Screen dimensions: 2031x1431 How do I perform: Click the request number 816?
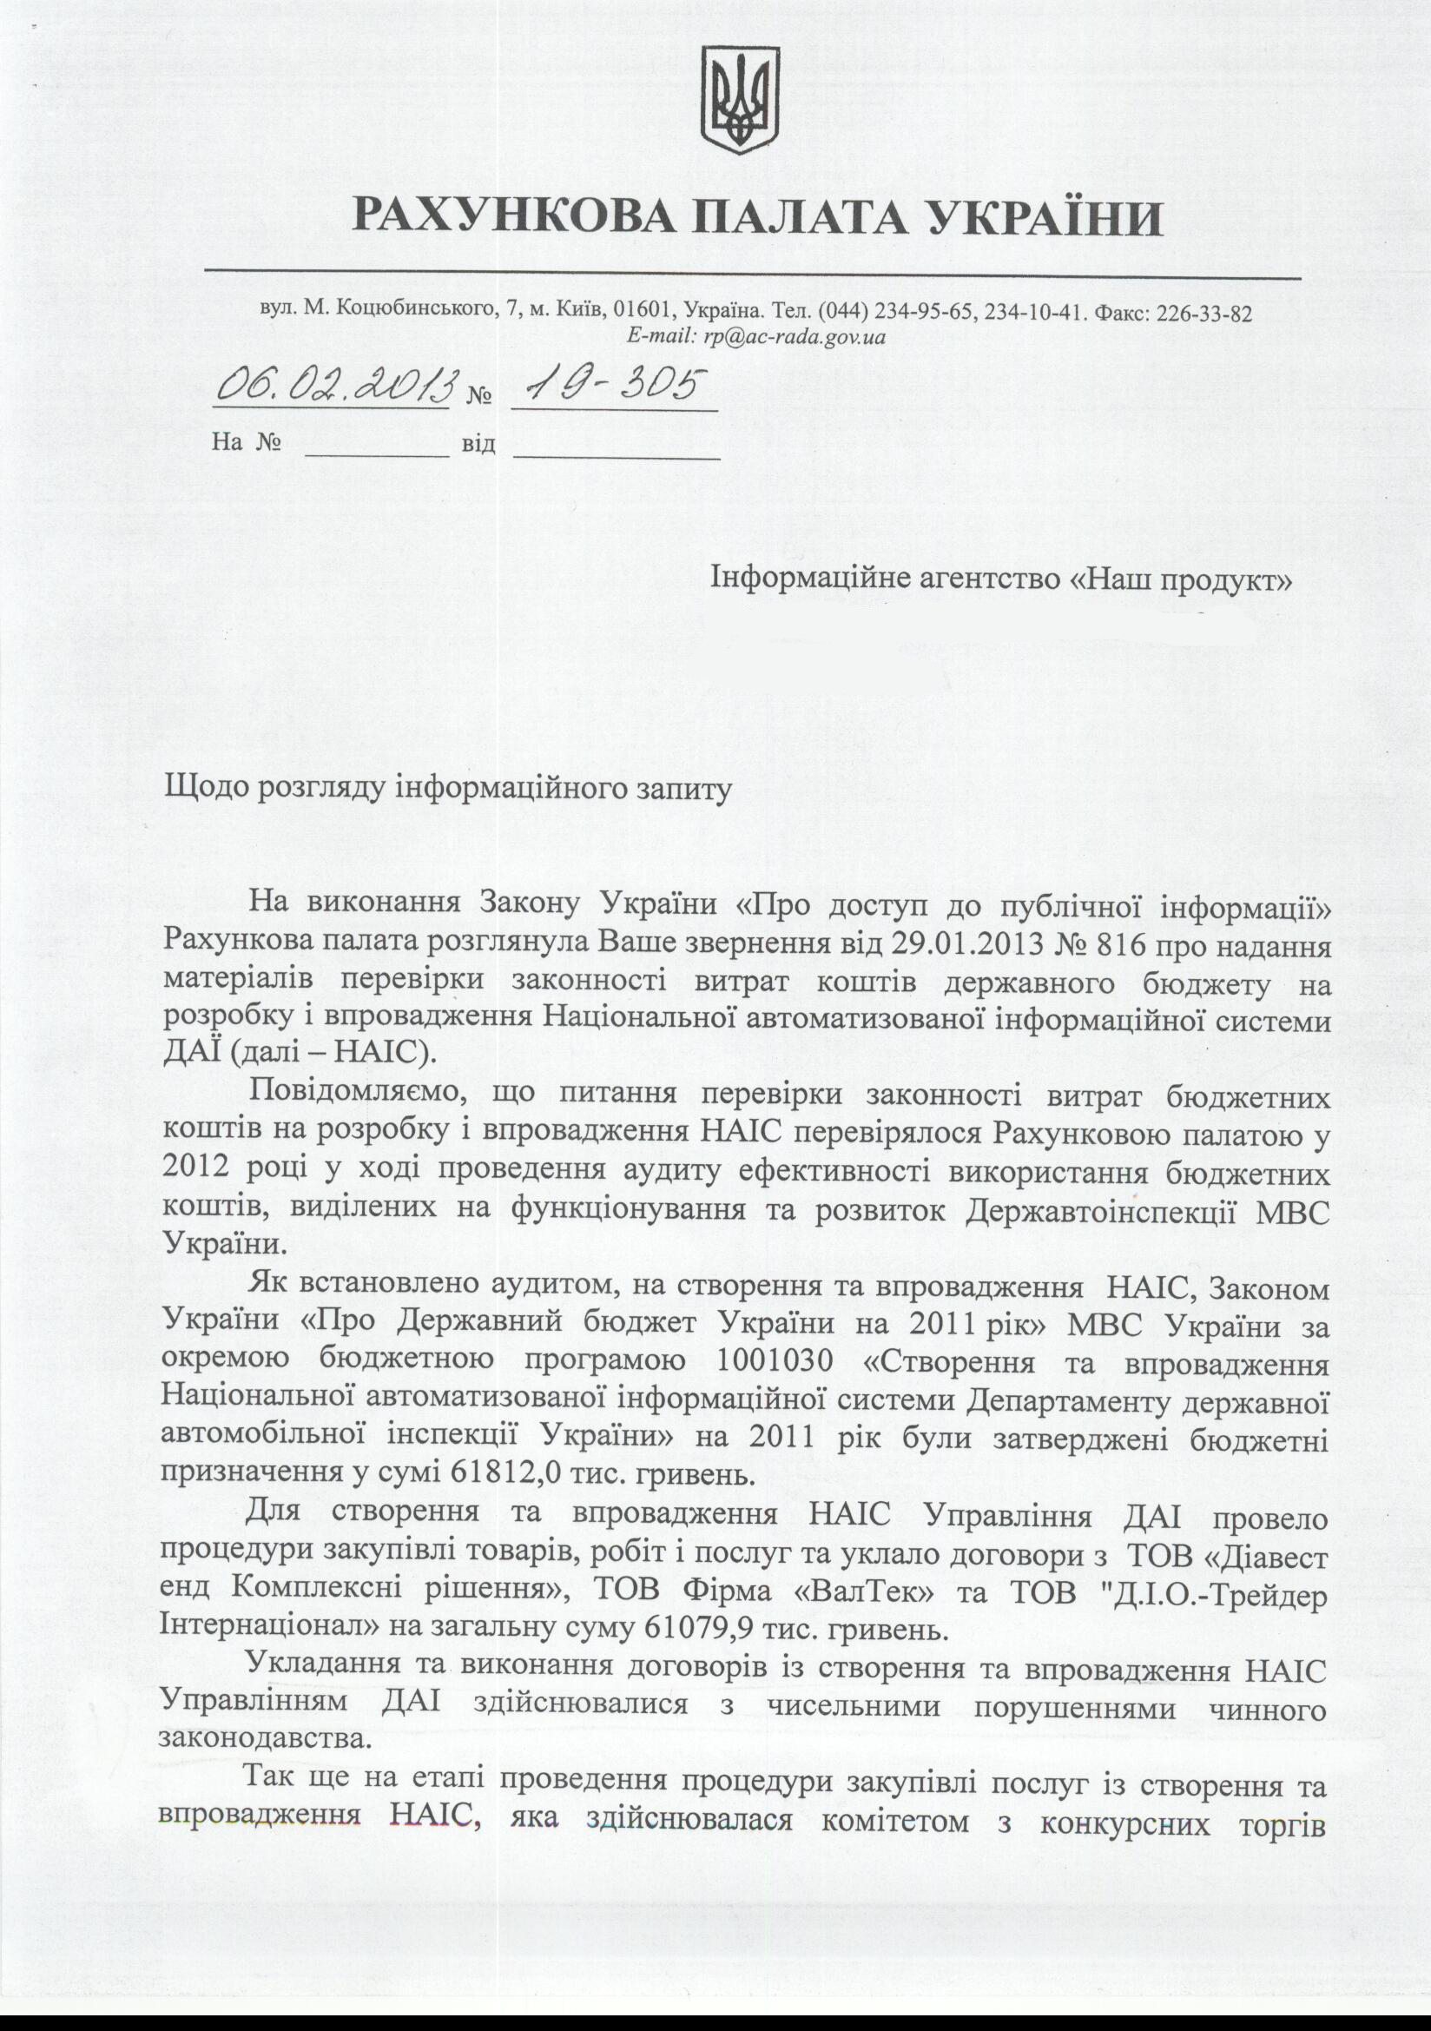point(1125,946)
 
